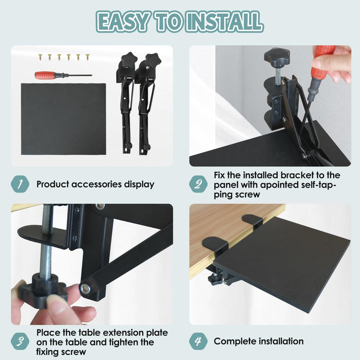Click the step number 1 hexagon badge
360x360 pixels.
20,184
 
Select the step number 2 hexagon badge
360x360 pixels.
198,184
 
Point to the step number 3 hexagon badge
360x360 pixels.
20,341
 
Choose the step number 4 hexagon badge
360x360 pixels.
198,341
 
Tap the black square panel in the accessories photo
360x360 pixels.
63,119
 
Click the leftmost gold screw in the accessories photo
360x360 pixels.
40,56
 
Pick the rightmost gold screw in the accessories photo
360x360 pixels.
87,57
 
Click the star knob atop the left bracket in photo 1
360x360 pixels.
129,59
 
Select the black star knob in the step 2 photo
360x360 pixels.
276,56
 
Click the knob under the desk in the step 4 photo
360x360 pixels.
215,279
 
